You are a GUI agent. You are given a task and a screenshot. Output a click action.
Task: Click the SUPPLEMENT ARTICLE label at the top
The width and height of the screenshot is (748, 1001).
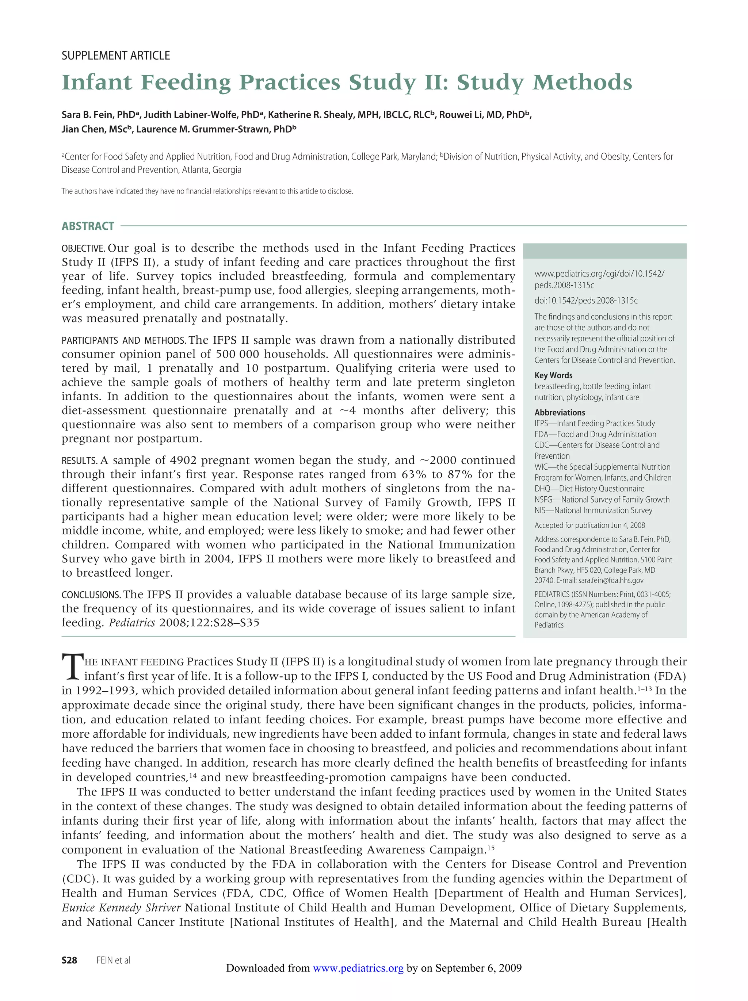point(115,56)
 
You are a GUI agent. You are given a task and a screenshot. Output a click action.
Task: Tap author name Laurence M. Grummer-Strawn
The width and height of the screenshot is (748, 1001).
point(213,129)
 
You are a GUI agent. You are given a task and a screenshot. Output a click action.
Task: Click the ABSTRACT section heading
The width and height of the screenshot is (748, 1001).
point(88,226)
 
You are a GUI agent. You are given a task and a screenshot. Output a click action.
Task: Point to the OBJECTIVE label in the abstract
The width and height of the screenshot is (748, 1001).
point(83,248)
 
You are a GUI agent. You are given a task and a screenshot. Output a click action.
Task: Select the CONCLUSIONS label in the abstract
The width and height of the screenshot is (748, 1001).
point(91,595)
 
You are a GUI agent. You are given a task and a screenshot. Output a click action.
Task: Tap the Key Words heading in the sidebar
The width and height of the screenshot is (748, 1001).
point(553,375)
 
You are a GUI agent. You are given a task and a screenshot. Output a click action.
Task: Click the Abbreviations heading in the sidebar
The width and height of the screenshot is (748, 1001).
point(559,412)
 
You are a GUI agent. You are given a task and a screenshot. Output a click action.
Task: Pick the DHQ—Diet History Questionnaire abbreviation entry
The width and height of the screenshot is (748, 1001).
point(589,488)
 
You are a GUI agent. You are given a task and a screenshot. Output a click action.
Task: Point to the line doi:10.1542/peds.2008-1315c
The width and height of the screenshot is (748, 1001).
point(585,301)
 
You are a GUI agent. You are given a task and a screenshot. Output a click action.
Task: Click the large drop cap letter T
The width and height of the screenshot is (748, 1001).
point(72,667)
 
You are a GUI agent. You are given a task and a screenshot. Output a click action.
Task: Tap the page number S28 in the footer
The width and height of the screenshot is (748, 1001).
point(69,960)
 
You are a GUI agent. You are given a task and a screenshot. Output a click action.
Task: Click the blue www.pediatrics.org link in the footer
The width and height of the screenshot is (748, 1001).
point(358,968)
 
